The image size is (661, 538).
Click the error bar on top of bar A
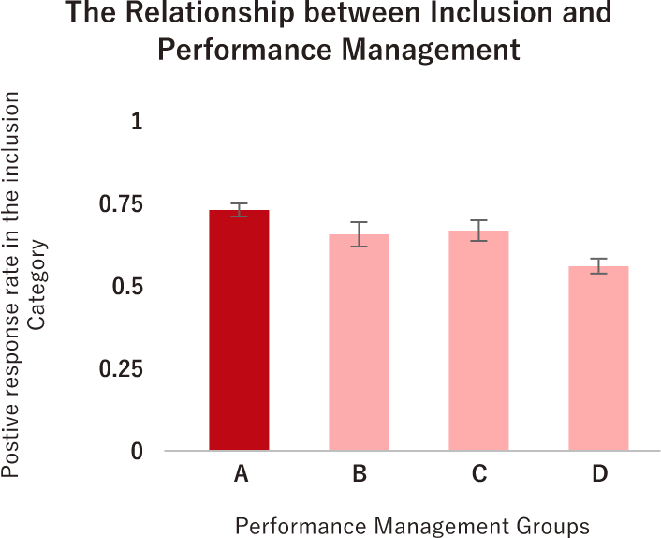(x=240, y=210)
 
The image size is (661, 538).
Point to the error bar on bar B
(x=360, y=234)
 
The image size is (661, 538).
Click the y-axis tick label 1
(x=137, y=122)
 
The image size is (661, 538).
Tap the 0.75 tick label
(x=122, y=204)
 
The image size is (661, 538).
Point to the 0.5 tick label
(x=127, y=287)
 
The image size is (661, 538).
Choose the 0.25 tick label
(x=122, y=369)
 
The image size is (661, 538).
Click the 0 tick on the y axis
(x=137, y=452)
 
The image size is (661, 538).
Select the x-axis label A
(x=240, y=475)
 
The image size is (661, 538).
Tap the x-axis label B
(x=360, y=475)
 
